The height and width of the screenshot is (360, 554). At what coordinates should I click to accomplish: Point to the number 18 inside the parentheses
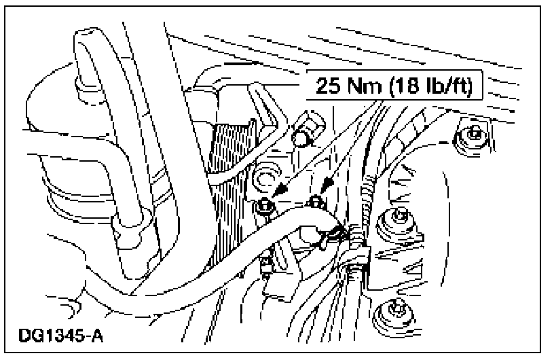tap(401, 88)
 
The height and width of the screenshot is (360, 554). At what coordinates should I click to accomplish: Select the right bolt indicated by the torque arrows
tap(315, 201)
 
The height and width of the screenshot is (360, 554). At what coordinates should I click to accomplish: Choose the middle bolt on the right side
tap(398, 220)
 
